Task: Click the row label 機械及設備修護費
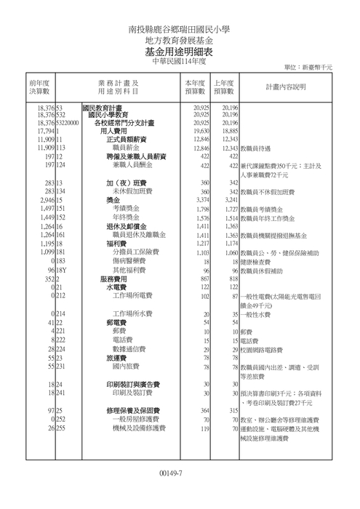point(137,428)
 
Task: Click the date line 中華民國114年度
point(179,63)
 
